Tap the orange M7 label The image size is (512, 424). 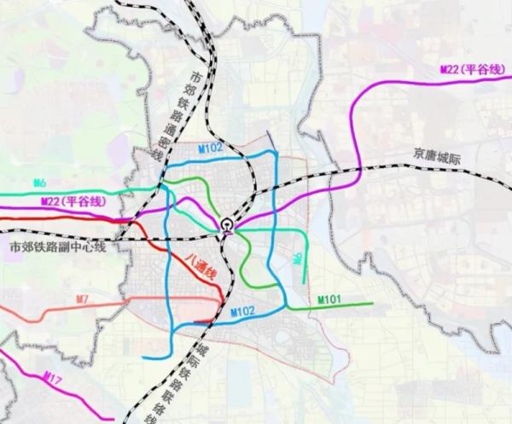(x=82, y=298)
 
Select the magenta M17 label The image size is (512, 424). (x=51, y=375)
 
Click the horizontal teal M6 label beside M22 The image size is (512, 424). (x=39, y=183)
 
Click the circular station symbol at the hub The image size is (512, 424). (x=226, y=225)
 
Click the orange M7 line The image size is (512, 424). (x=51, y=312)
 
